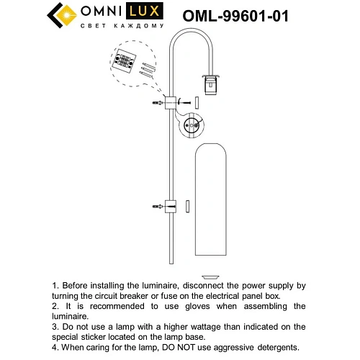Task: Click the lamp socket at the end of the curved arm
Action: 211,84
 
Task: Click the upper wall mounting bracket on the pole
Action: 173,104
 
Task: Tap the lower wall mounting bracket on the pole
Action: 171,207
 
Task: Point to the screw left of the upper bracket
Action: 156,104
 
